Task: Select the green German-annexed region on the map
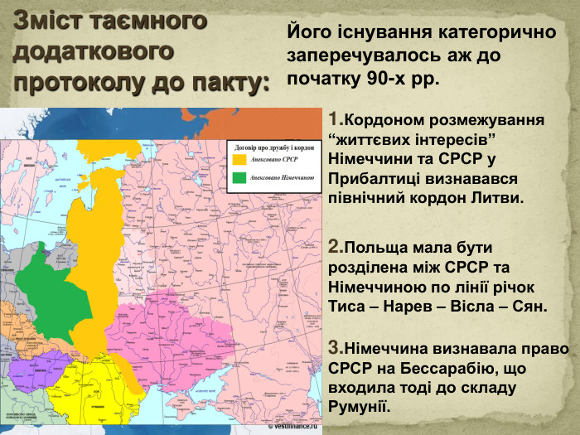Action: click(55, 278)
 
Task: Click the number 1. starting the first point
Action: click(335, 118)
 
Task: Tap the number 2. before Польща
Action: click(336, 246)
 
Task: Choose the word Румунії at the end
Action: click(359, 407)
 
